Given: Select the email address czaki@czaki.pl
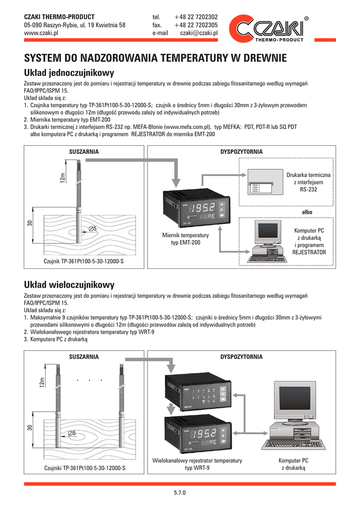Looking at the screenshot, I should (x=199, y=33).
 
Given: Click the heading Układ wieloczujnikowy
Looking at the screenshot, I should (x=70, y=285).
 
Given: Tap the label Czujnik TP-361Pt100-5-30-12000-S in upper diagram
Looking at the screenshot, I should (x=84, y=261).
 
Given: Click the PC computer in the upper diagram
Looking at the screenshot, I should (x=268, y=243).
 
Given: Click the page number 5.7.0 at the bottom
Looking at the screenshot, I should (x=179, y=493).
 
